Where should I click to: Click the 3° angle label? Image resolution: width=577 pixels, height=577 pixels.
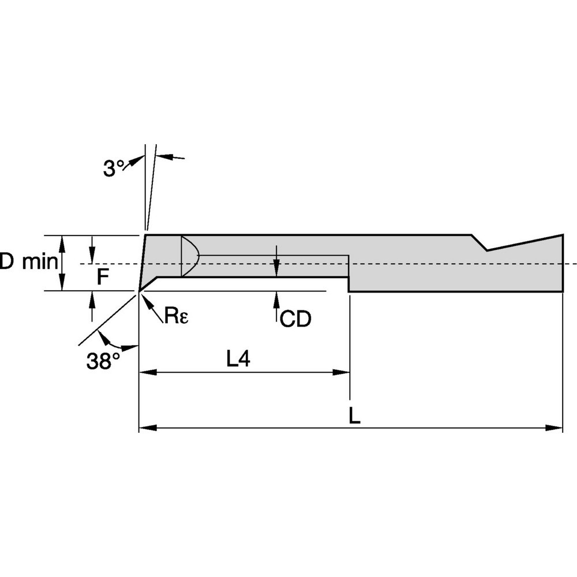click(x=113, y=168)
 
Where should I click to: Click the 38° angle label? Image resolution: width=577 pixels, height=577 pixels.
click(x=103, y=361)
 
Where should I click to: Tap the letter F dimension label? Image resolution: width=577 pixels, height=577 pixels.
click(x=102, y=278)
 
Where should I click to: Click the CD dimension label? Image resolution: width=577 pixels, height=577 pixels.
click(x=295, y=319)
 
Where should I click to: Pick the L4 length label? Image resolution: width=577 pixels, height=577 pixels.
click(x=238, y=359)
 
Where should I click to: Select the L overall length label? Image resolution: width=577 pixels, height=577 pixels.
click(x=355, y=415)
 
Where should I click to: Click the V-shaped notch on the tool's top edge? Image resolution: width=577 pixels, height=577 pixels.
click(x=486, y=247)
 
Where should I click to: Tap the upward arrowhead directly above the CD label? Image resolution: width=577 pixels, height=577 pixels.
click(x=277, y=298)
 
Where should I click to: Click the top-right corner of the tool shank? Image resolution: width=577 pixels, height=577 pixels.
click(x=563, y=235)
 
